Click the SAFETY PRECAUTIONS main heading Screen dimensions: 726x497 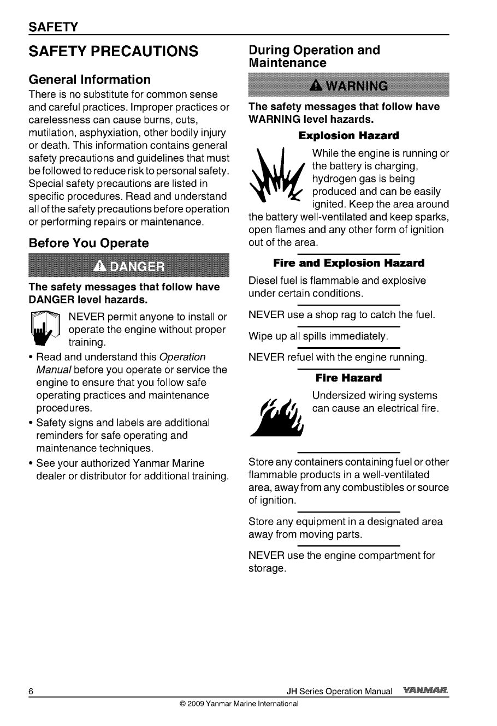(113, 52)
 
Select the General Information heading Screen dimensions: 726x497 (90, 80)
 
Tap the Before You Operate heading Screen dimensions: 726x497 (88, 243)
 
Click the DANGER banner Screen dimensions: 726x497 (128, 266)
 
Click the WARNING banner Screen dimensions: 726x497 (348, 86)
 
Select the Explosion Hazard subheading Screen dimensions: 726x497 (348, 135)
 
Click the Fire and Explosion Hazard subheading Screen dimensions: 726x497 (348, 264)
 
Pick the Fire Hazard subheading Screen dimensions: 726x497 (348, 378)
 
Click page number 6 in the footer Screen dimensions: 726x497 (32, 692)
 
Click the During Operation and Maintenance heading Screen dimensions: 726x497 (314, 56)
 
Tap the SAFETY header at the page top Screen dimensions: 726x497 (54, 27)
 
